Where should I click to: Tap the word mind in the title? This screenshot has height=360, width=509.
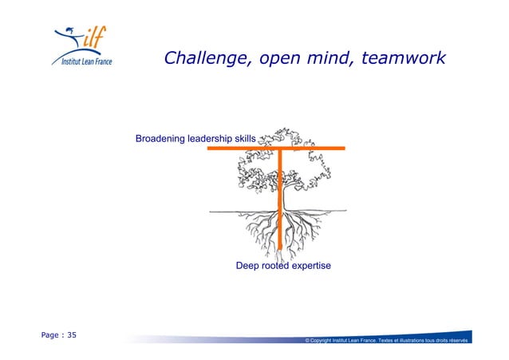click(326, 59)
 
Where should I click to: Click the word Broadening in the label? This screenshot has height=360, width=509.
click(160, 139)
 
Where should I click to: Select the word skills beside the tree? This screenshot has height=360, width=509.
click(246, 139)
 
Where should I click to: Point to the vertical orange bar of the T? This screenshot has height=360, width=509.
click(281, 200)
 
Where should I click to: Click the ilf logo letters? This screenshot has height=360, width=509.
click(95, 38)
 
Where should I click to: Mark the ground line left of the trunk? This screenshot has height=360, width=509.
click(231, 212)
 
